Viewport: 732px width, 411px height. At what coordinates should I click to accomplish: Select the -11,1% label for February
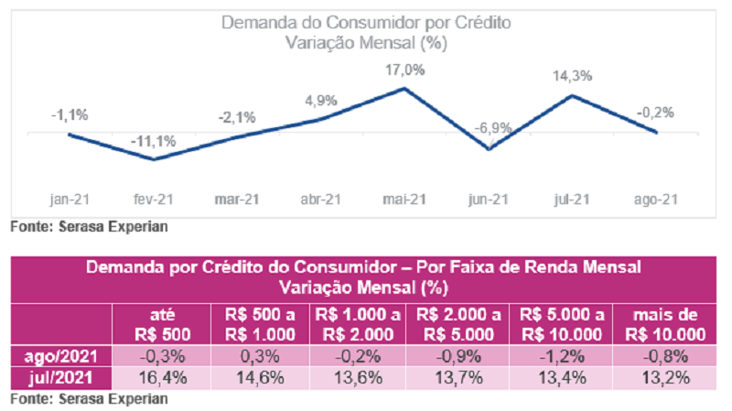click(153, 142)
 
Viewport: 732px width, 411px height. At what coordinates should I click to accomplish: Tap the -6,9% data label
click(490, 128)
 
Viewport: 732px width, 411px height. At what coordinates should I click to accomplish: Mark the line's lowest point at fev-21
click(154, 159)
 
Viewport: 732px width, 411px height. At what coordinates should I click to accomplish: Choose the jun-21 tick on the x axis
click(490, 199)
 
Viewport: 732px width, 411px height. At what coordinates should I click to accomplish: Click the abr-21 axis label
click(321, 199)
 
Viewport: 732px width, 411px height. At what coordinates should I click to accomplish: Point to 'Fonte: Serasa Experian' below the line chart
click(90, 224)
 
